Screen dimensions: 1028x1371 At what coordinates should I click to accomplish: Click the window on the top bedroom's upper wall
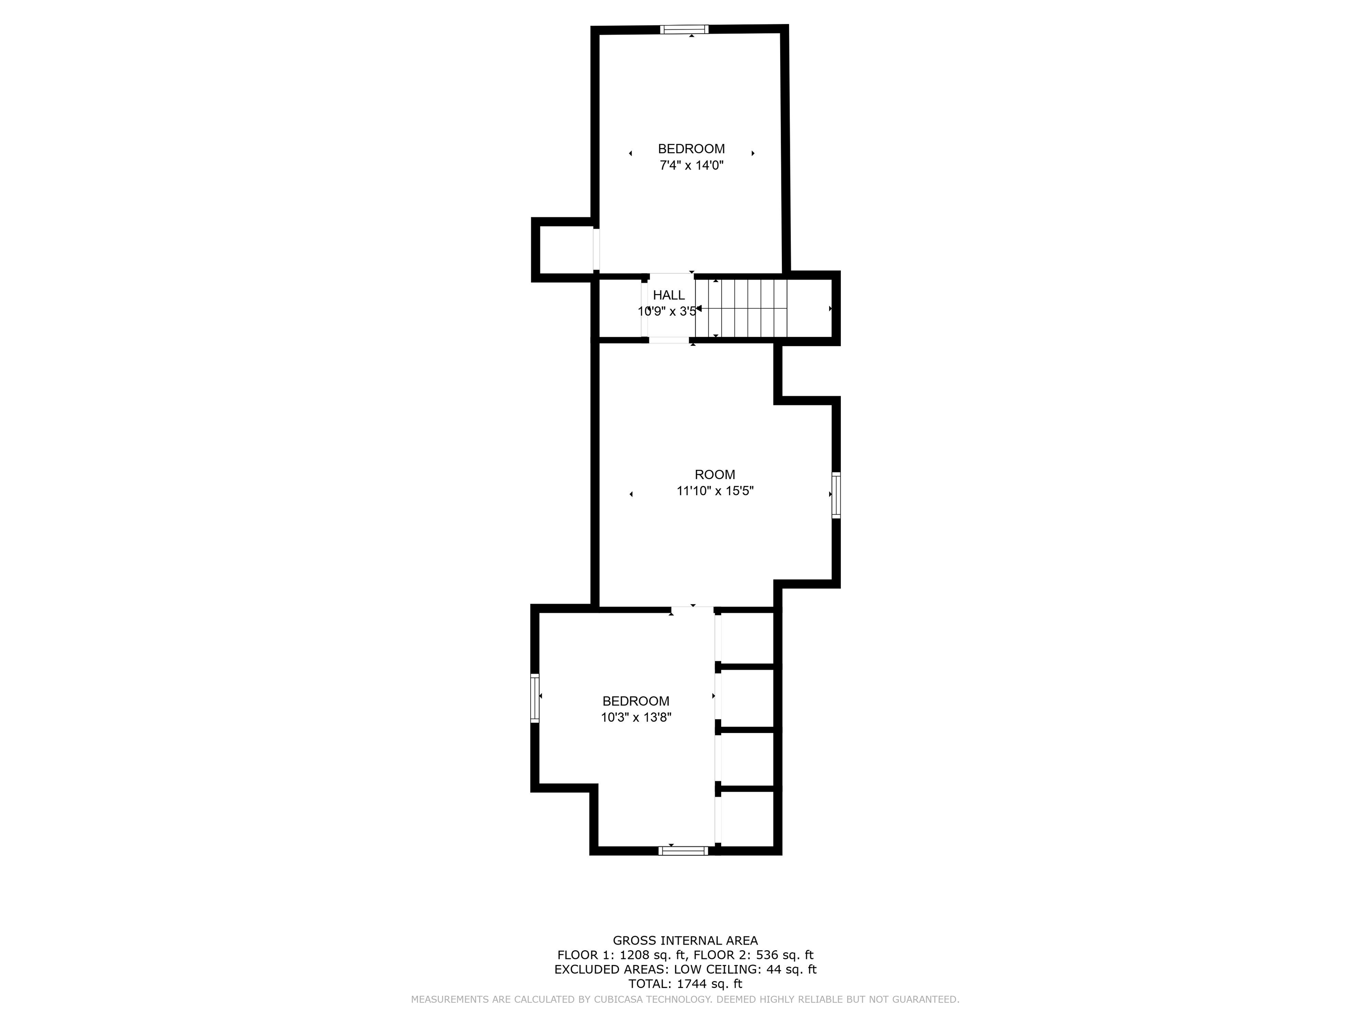[x=684, y=29]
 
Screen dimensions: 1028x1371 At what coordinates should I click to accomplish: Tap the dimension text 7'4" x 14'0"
[x=691, y=166]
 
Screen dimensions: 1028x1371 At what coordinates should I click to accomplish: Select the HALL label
[x=669, y=295]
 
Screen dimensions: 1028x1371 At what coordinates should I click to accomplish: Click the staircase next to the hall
[x=741, y=308]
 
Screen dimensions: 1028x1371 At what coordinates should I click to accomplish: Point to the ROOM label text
[x=715, y=475]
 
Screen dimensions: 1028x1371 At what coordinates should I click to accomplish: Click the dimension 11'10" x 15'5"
[x=715, y=491]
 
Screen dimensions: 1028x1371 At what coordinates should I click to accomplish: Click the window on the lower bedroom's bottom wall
[x=683, y=851]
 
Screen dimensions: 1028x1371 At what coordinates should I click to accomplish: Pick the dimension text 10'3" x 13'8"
[x=636, y=717]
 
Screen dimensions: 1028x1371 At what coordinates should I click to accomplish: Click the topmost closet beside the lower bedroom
[x=747, y=638]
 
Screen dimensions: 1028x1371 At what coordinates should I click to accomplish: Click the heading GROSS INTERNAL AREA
[x=685, y=941]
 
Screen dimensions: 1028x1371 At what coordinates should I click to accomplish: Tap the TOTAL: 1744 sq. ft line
[x=685, y=984]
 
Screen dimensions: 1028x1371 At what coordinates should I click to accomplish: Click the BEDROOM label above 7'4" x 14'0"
[x=691, y=149]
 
